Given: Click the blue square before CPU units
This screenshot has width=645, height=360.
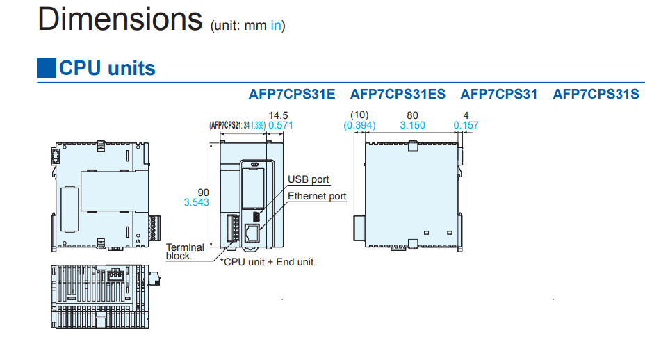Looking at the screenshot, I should pyautogui.click(x=46, y=68).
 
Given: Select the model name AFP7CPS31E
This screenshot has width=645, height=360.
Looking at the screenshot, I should pyautogui.click(x=292, y=94).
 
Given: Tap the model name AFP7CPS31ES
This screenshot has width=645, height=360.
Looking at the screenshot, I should pyautogui.click(x=398, y=94).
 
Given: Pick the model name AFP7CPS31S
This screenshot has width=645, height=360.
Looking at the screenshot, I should pyautogui.click(x=596, y=94).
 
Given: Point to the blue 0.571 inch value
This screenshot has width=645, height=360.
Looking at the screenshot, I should pyautogui.click(x=281, y=125).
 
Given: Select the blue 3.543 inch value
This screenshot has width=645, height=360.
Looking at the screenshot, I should pyautogui.click(x=197, y=202).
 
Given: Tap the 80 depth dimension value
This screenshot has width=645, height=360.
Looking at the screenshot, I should pyautogui.click(x=413, y=115).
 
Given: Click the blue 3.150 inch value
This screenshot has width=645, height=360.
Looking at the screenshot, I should pyautogui.click(x=413, y=125).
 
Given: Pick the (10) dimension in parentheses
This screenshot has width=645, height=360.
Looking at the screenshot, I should pyautogui.click(x=359, y=115).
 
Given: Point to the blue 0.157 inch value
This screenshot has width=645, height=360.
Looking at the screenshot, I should pyautogui.click(x=466, y=125).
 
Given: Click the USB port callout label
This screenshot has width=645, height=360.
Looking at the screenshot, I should pyautogui.click(x=309, y=180).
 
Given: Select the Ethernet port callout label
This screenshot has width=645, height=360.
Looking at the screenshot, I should pyautogui.click(x=317, y=196).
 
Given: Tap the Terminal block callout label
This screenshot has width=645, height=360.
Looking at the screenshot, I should pyautogui.click(x=185, y=251).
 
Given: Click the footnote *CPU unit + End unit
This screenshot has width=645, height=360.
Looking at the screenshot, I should pyautogui.click(x=267, y=262).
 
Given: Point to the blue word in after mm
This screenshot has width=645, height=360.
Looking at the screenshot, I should pyautogui.click(x=276, y=26).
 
